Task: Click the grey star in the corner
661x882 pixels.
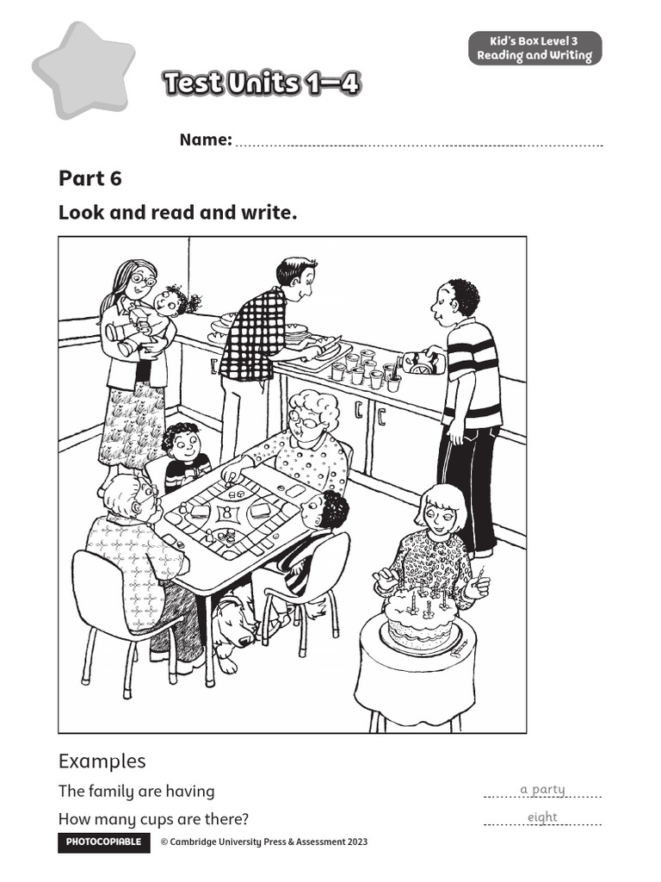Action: tap(83, 69)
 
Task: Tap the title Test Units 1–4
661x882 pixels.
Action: tap(261, 84)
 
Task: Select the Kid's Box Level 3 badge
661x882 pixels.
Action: tap(534, 48)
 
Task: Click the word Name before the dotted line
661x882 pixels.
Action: tap(205, 140)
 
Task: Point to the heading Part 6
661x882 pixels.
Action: tap(90, 178)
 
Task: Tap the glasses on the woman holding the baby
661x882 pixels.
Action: tap(141, 280)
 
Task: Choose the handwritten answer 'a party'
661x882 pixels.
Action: tap(542, 789)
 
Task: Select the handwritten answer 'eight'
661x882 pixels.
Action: tap(542, 817)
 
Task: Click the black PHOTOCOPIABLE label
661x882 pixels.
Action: tap(103, 842)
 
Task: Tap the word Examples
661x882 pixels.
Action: tap(102, 761)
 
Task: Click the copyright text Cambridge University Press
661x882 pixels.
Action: tap(263, 842)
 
